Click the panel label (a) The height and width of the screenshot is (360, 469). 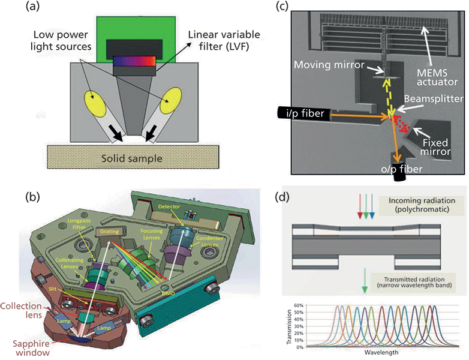[x=34, y=7]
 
